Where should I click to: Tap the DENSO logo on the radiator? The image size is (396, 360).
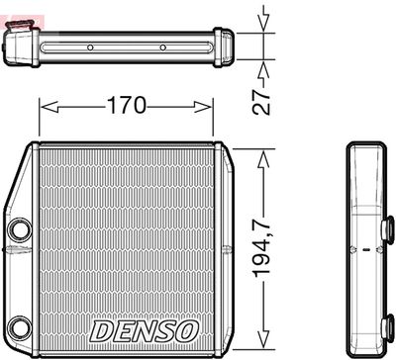point(145,328)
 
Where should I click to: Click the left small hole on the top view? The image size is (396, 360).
point(89,46)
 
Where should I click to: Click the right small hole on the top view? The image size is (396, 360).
point(162,46)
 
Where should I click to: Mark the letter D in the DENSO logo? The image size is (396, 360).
point(100,328)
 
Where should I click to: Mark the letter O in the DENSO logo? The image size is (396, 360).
point(188,328)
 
